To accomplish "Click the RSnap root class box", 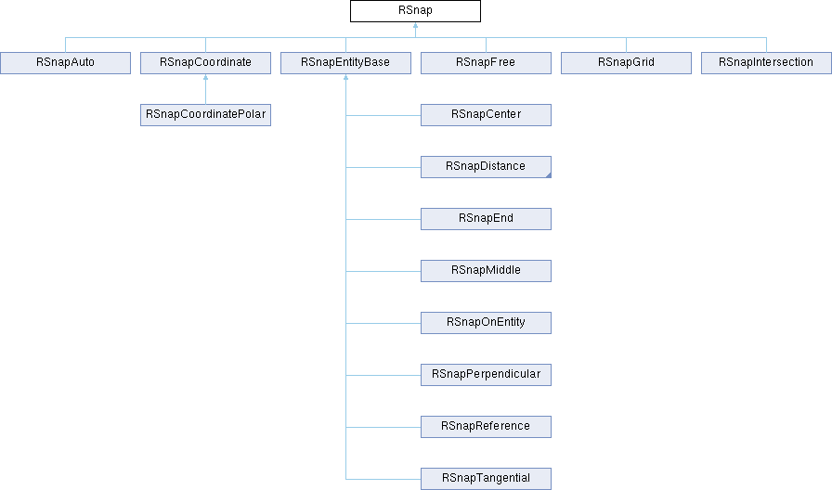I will (x=415, y=11).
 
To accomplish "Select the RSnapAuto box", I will (x=64, y=63).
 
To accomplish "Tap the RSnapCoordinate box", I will (x=205, y=63).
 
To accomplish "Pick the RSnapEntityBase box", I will (x=345, y=63).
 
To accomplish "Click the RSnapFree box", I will (x=486, y=63).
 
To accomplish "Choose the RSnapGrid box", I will (x=626, y=63).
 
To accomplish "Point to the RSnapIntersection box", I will (x=766, y=63).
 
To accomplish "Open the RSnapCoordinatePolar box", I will (x=205, y=115).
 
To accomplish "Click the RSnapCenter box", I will (x=486, y=115).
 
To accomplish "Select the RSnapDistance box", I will (x=486, y=167).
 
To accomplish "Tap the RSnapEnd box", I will (x=486, y=219).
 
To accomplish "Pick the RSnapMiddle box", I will (x=486, y=271).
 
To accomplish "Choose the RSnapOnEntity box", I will (x=486, y=323).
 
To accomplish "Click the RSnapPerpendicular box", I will (x=486, y=375).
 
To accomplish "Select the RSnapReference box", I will (x=486, y=427).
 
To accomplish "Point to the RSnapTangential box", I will (x=486, y=479).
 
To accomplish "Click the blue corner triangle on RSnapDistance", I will (x=548, y=174).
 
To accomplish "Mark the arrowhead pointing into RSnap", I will (x=415, y=27).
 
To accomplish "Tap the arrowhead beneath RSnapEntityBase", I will (x=345, y=79).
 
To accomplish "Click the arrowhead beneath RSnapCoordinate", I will (x=205, y=79).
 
